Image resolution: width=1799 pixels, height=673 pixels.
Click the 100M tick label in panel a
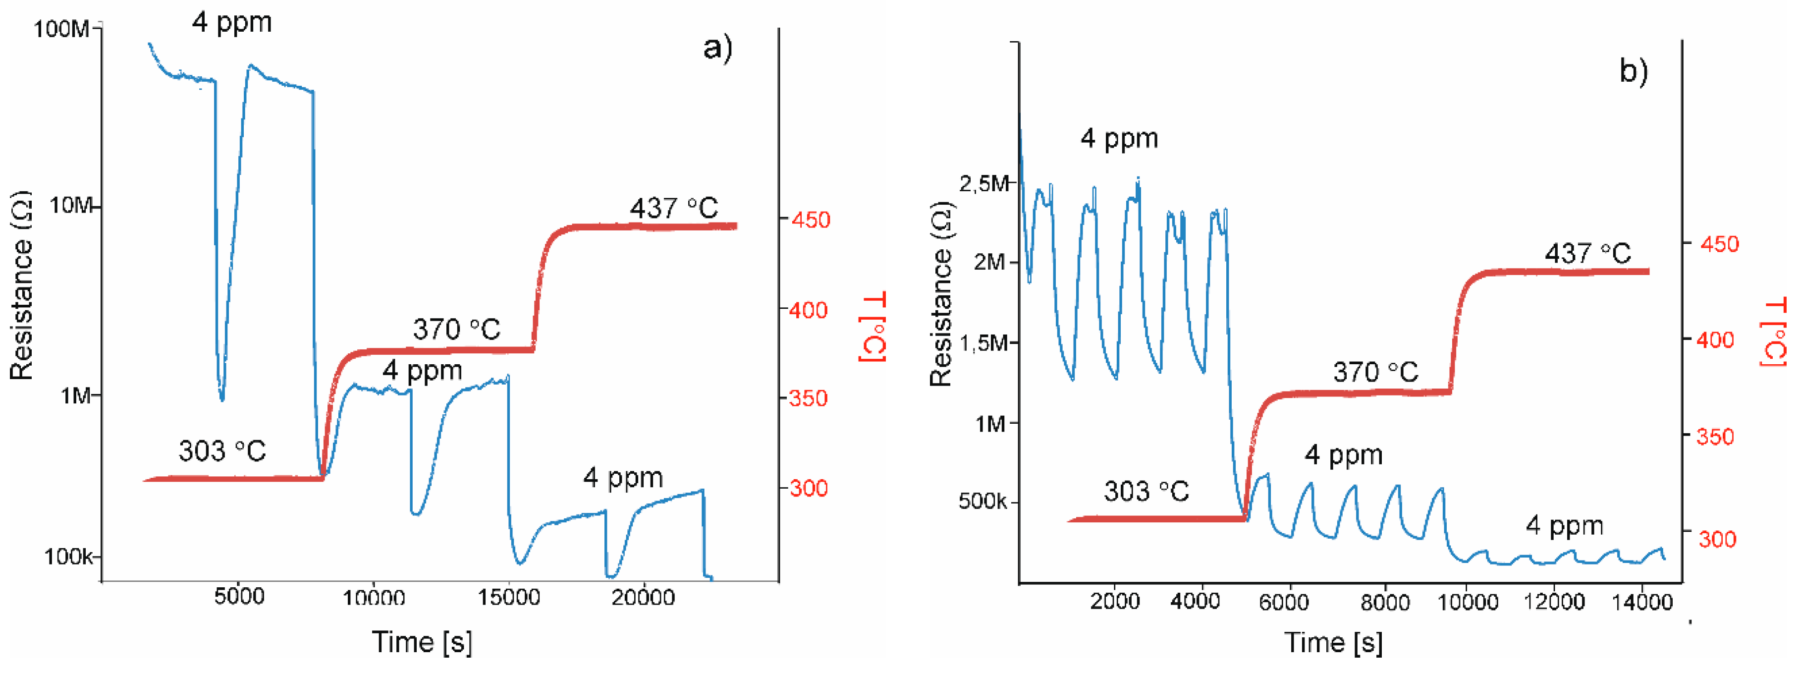point(61,29)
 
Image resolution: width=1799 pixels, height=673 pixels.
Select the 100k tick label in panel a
point(68,557)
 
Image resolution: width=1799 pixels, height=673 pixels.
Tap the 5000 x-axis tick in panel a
point(239,596)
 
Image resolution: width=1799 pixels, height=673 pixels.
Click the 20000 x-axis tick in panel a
point(643,597)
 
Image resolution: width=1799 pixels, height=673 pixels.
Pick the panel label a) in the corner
point(717,48)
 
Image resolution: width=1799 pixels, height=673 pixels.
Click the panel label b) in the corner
point(1634,70)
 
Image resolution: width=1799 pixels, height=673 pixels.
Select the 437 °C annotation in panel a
point(673,208)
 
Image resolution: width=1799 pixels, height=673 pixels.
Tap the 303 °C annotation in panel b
point(1146,491)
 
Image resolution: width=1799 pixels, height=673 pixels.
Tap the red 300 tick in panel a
point(809,487)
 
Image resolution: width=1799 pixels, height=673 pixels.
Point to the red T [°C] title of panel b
point(1774,332)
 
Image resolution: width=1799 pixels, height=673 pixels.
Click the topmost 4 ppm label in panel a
point(232,22)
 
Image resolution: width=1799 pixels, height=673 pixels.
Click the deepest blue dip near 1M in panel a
point(222,399)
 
